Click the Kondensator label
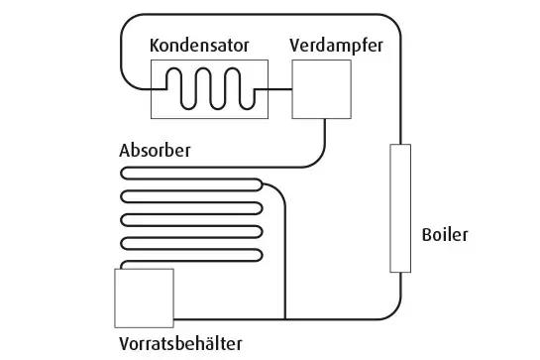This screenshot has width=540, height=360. click(x=199, y=46)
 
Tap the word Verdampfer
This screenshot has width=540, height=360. click(x=336, y=46)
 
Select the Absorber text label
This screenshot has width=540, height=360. click(x=155, y=151)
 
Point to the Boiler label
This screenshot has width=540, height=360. click(x=444, y=235)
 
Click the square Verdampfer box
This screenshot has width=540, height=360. click(x=321, y=89)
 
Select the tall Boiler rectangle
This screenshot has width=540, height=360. click(x=400, y=207)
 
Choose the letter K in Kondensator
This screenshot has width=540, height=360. click(x=155, y=46)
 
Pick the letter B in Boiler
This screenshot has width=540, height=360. click(x=426, y=235)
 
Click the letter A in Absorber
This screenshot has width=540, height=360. click(x=125, y=151)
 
